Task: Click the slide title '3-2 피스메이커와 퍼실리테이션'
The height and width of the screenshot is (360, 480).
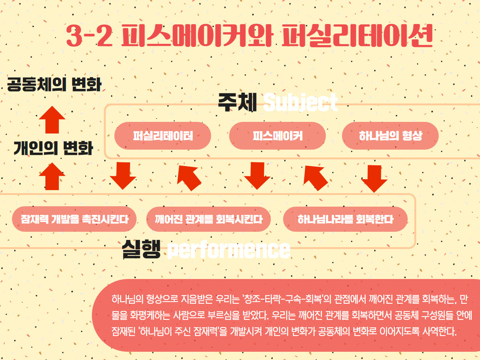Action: pos(249,36)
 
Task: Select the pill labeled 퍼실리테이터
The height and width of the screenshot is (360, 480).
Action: pos(163,136)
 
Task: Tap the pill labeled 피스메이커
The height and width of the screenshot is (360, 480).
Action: pos(277,136)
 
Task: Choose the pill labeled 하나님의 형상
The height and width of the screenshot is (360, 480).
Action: pos(390,136)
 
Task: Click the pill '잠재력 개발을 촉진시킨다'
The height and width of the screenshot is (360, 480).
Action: pos(74,219)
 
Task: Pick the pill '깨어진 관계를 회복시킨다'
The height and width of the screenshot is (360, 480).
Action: pos(208,219)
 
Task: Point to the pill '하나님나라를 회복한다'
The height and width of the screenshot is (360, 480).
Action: pos(345,219)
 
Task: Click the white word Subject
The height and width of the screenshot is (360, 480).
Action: pos(300,102)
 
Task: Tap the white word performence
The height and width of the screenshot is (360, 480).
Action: pos(229,250)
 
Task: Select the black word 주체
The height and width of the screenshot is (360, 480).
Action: pos(237,102)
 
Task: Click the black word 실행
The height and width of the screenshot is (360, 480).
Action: pos(141,249)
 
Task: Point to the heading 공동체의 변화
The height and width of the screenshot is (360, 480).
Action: pos(54,84)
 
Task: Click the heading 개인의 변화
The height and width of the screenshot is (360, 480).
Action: pos(53,148)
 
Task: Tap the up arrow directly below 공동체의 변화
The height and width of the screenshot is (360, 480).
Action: pos(52,120)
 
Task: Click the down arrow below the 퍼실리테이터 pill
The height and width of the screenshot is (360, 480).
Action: pos(123,175)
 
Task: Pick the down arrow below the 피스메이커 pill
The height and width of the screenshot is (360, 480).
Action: pos(257,175)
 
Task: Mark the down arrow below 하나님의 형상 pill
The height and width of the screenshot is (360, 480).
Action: pos(374,178)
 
